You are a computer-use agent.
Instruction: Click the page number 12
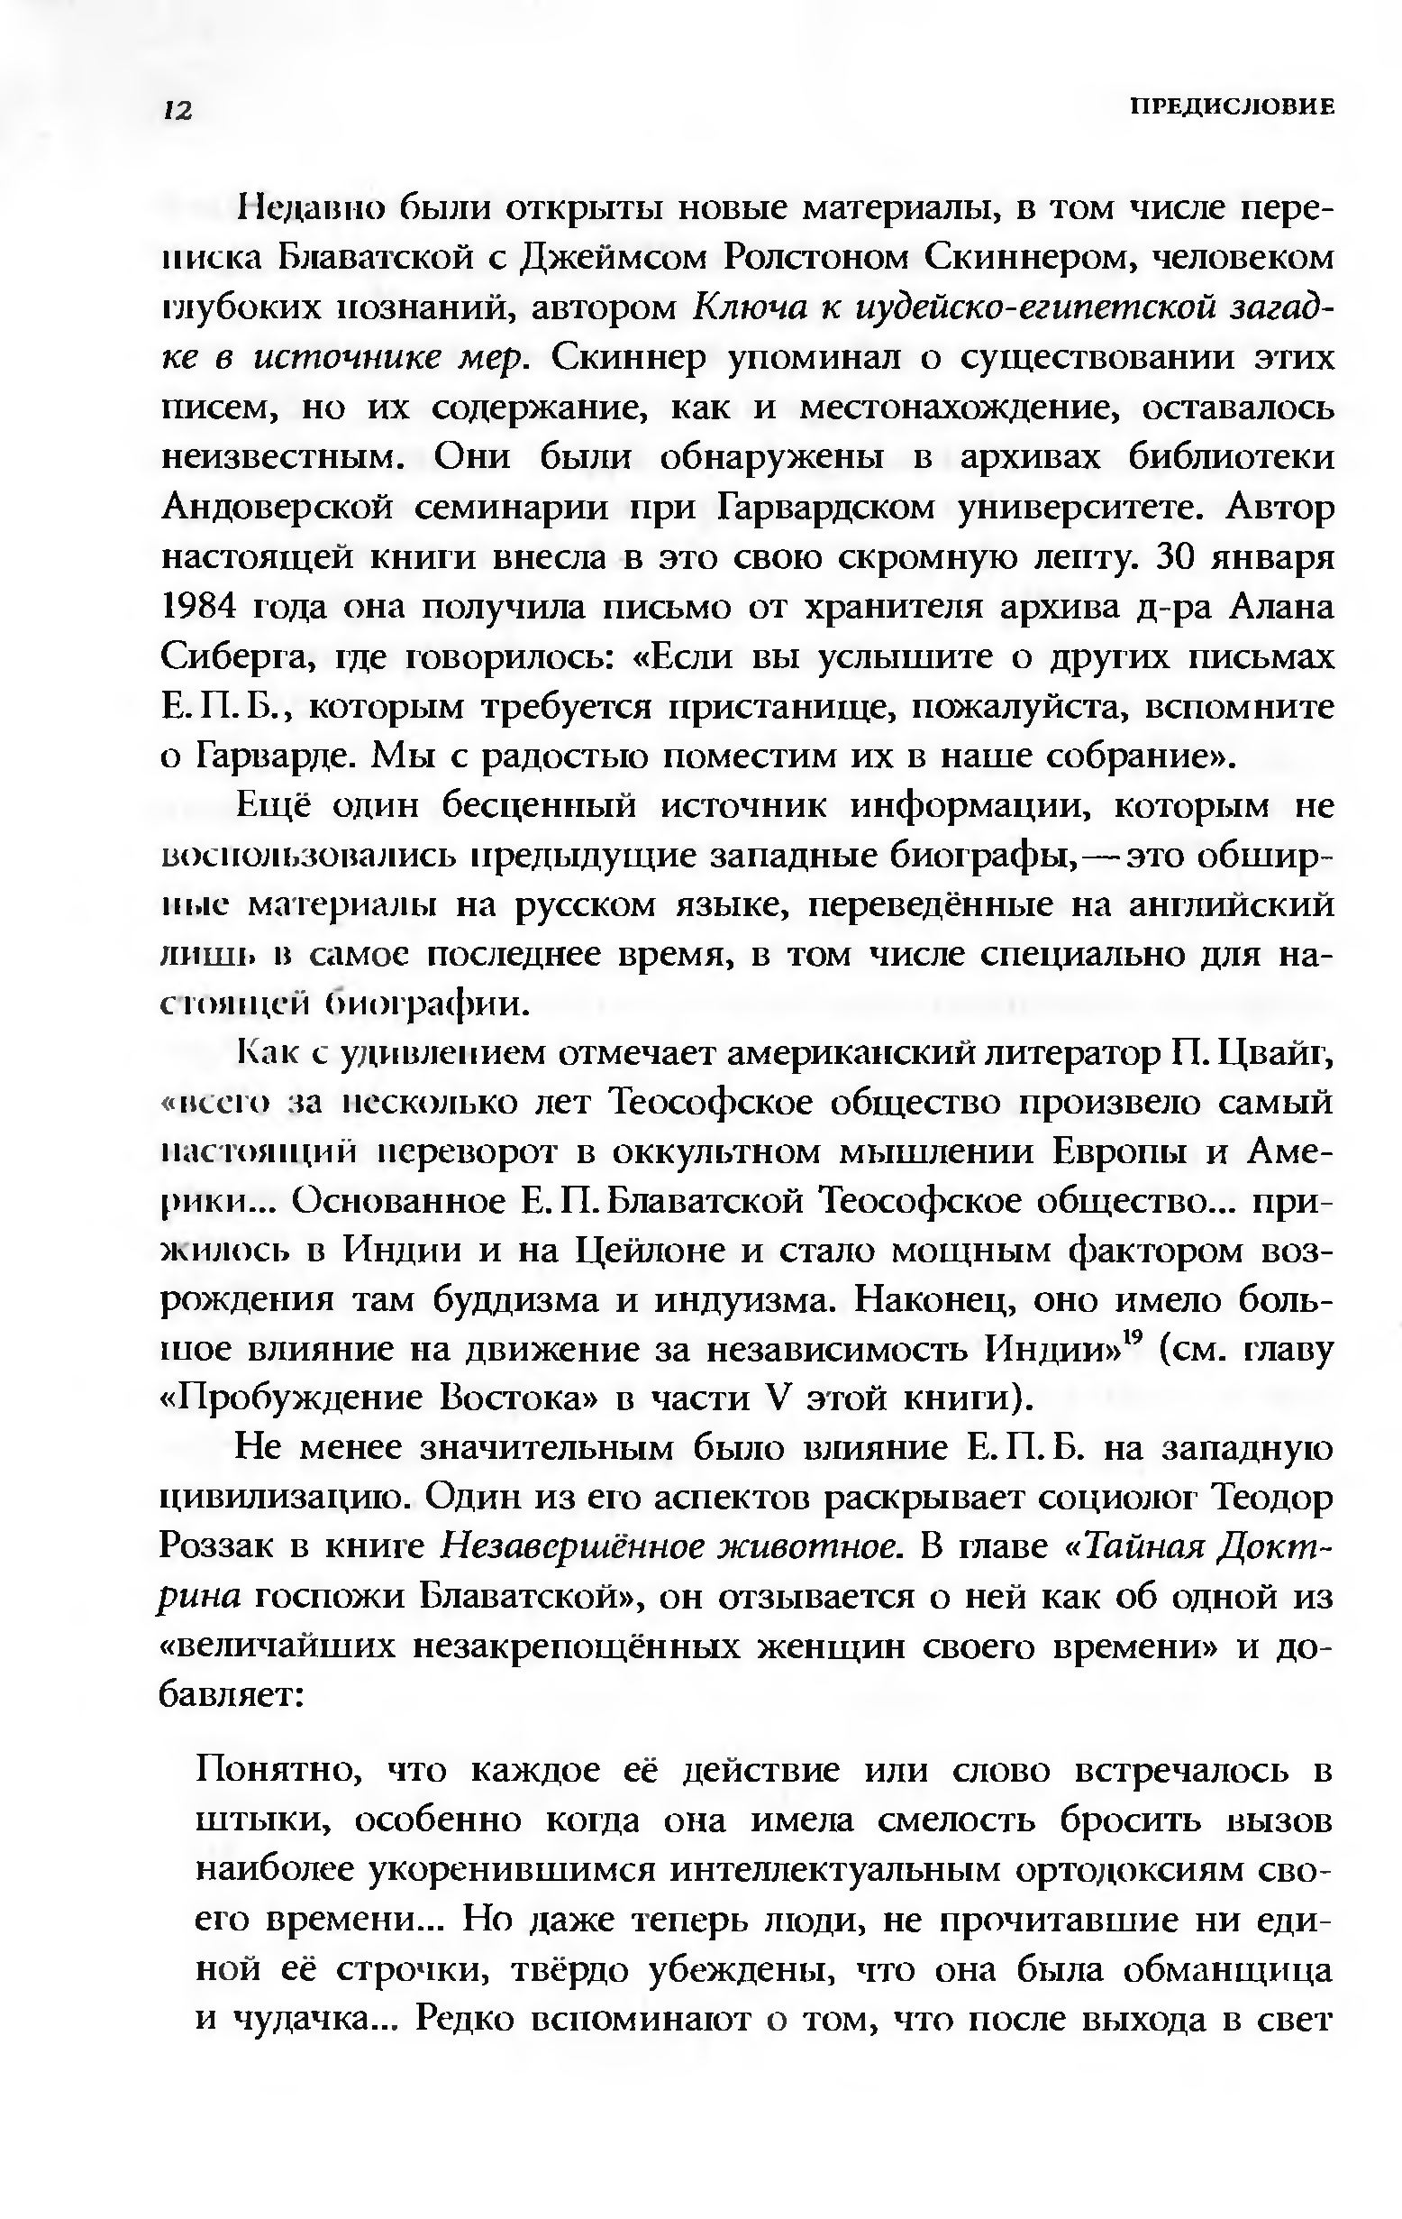pyautogui.click(x=177, y=111)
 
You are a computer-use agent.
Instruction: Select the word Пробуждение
pyautogui.click(x=298, y=1400)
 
